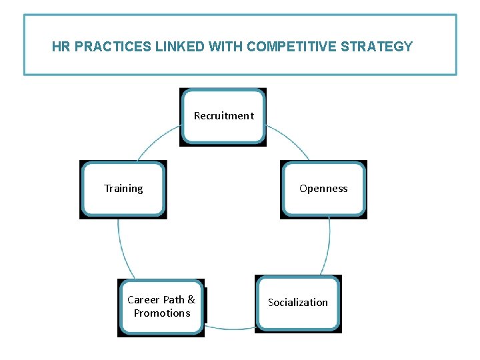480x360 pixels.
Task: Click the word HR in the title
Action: click(61, 47)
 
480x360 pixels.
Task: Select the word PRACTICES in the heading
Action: click(106, 47)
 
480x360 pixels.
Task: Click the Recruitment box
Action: click(223, 116)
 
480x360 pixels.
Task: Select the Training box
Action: click(123, 189)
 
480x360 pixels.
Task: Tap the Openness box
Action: click(323, 189)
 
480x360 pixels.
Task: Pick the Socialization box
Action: click(298, 303)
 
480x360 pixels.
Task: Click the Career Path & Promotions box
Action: click(161, 307)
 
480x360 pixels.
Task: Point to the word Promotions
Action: click(162, 313)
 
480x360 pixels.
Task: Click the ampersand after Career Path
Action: click(191, 300)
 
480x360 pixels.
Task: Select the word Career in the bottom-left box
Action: click(143, 300)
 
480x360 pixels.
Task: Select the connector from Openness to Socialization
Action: click(327, 247)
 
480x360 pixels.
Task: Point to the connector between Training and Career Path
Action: click(123, 250)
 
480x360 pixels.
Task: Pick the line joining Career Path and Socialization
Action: click(230, 327)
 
